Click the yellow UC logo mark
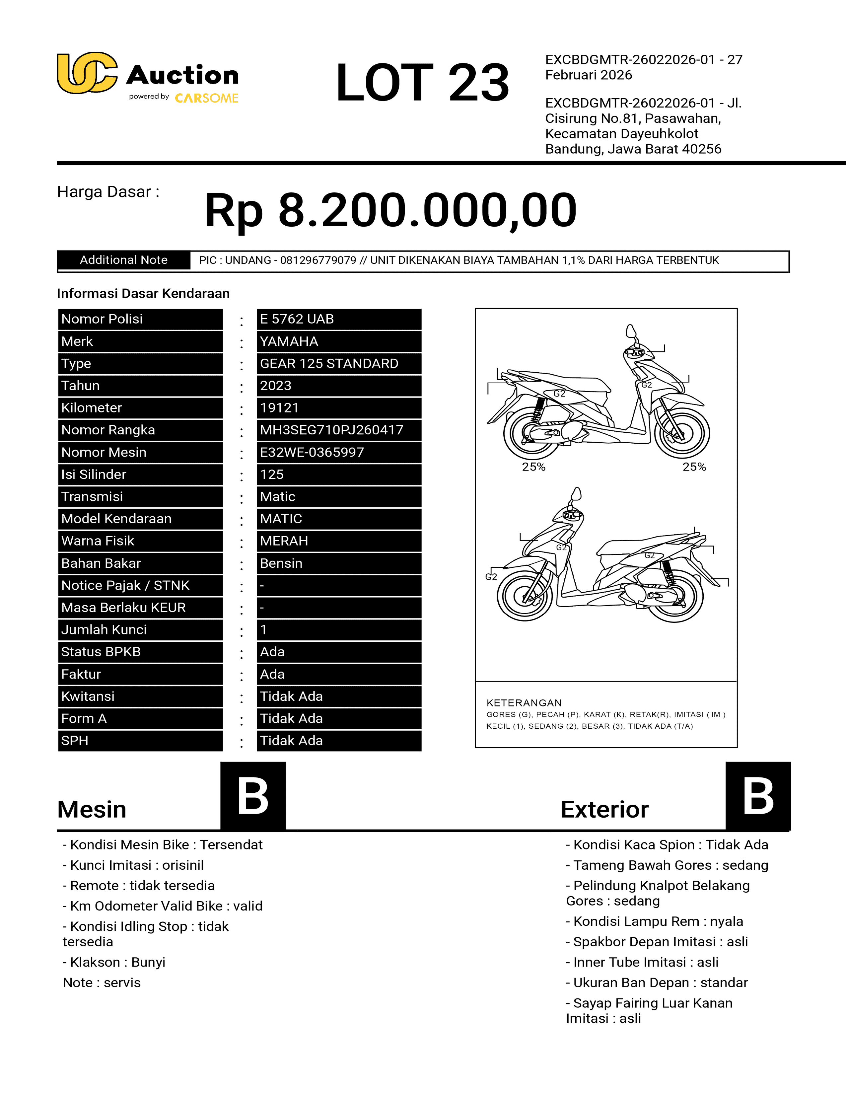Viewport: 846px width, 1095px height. [x=87, y=73]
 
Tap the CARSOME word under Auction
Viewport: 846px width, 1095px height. [x=206, y=98]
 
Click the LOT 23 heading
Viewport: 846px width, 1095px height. [x=422, y=82]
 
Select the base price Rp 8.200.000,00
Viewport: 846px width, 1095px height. [x=390, y=210]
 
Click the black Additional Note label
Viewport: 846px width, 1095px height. [x=123, y=260]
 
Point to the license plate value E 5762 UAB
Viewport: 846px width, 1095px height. [x=297, y=319]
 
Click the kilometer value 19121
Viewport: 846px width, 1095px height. [x=279, y=408]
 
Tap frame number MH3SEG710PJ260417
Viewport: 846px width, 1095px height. [x=331, y=430]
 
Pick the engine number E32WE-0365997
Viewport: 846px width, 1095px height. [x=312, y=452]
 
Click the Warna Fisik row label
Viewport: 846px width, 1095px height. [x=98, y=541]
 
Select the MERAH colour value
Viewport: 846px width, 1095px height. [x=284, y=541]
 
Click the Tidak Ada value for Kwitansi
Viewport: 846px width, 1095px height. [x=291, y=696]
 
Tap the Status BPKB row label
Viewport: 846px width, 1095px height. [x=101, y=652]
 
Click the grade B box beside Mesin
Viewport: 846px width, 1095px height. [x=253, y=796]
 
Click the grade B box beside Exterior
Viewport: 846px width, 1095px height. [x=758, y=796]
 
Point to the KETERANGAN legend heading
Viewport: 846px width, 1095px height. [x=524, y=703]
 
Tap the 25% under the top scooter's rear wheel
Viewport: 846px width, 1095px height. [x=533, y=467]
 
